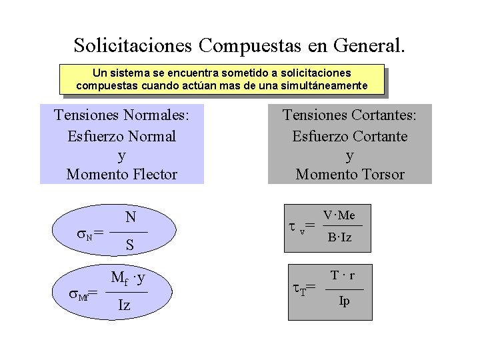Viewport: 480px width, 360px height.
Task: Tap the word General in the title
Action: pos(365,45)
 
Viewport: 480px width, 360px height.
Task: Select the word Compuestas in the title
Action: pos(251,45)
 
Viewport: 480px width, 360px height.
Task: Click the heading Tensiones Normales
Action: pos(122,115)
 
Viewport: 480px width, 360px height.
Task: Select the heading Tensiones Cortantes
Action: pos(350,115)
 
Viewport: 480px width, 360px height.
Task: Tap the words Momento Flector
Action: pos(122,175)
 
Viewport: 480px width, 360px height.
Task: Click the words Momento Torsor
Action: pos(350,175)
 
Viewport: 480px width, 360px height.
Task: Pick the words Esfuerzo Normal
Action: pos(122,136)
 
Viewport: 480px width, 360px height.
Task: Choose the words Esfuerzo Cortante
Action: pos(350,136)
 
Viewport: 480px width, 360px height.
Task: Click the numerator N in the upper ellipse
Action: pos(131,217)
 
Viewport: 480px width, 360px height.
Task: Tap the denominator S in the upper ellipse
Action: pos(130,245)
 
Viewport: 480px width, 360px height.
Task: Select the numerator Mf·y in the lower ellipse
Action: pos(128,278)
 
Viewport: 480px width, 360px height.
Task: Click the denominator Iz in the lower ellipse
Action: pos(124,306)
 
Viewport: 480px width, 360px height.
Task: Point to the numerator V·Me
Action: pos(339,215)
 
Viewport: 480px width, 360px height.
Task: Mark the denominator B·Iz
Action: pos(339,237)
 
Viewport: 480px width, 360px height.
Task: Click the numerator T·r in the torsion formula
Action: pos(343,275)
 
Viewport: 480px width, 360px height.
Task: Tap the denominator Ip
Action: pos(344,301)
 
